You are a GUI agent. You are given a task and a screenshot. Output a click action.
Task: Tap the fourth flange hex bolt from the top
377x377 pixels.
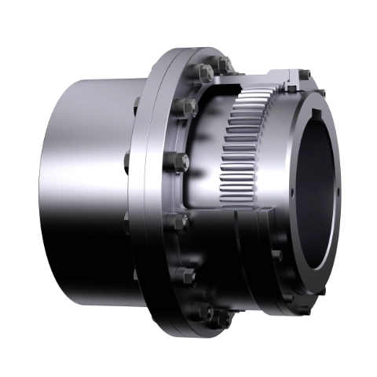tap(179, 221)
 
